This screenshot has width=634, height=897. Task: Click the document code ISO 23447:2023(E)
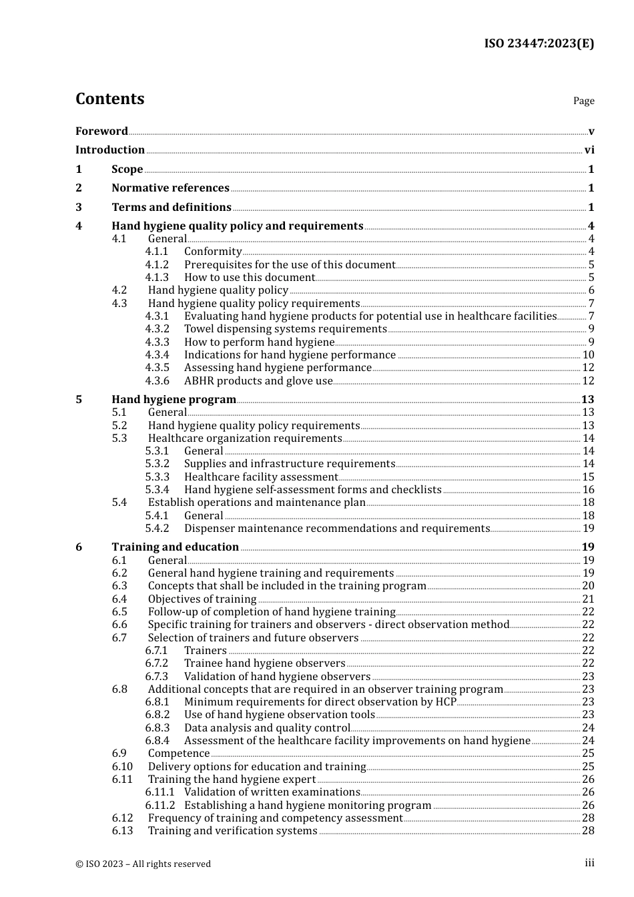pyautogui.click(x=539, y=44)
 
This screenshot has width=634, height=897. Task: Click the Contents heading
pyautogui.click(x=109, y=99)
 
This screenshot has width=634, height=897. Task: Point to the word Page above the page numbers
pyautogui.click(x=583, y=101)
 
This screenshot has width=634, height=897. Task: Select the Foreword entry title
pyautogui.click(x=101, y=131)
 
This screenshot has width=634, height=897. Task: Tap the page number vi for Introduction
pyautogui.click(x=589, y=150)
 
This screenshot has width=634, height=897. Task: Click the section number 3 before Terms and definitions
pyautogui.click(x=79, y=208)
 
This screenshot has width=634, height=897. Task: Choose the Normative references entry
pyautogui.click(x=170, y=188)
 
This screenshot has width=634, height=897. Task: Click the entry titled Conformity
pyautogui.click(x=213, y=252)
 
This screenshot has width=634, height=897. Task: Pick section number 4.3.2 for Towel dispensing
pyautogui.click(x=157, y=329)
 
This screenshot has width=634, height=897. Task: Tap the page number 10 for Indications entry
pyautogui.click(x=588, y=355)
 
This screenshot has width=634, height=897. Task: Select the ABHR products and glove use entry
pyautogui.click(x=258, y=381)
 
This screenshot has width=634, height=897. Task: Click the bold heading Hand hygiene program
pyautogui.click(x=174, y=400)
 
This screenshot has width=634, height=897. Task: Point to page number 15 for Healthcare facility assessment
pyautogui.click(x=588, y=477)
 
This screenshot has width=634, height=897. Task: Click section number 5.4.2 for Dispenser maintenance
pyautogui.click(x=157, y=529)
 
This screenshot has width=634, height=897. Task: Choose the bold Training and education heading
pyautogui.click(x=175, y=547)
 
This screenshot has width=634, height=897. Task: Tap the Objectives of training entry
pyautogui.click(x=202, y=599)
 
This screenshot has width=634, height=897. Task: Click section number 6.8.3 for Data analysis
pyautogui.click(x=157, y=728)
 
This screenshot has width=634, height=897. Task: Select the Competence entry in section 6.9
pyautogui.click(x=179, y=754)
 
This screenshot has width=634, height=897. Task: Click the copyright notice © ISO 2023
pyautogui.click(x=143, y=864)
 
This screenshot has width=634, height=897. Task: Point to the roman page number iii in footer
pyautogui.click(x=589, y=863)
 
